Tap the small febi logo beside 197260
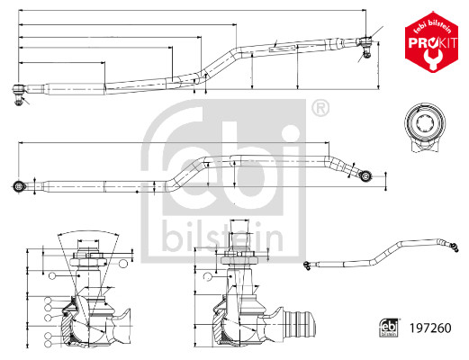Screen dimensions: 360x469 coord(387,329)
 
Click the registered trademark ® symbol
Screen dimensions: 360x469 coord(319,111)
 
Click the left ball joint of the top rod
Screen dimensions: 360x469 coord(19,90)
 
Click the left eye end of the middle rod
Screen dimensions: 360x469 coord(19,187)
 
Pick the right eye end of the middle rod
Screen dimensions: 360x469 coord(365,173)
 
